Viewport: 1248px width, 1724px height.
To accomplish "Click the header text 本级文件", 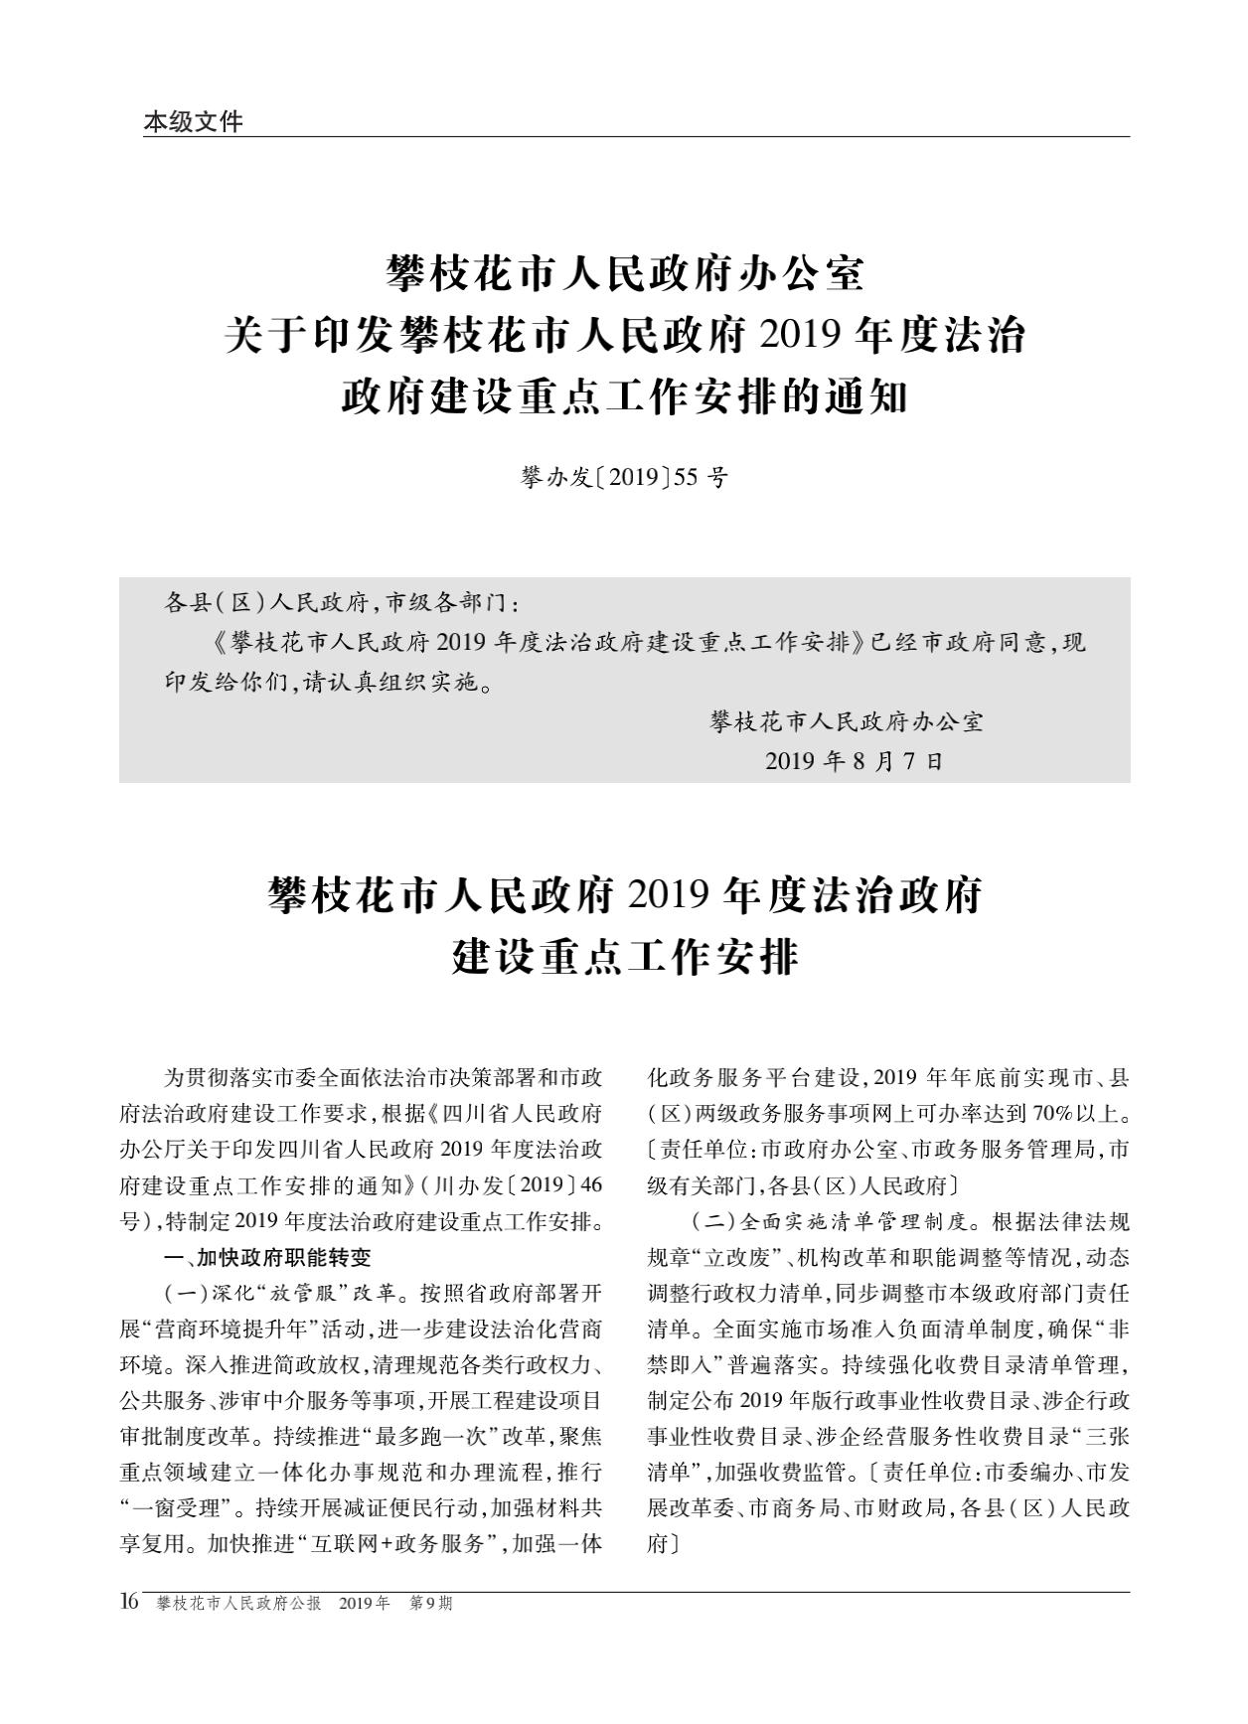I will [x=193, y=121].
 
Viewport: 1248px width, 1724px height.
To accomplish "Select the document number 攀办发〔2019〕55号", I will [x=623, y=478].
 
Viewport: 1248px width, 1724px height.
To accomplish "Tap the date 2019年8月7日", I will [x=854, y=761].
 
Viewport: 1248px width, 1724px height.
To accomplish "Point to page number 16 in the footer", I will [x=129, y=1602].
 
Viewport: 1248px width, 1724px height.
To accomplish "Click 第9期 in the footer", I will [x=430, y=1604].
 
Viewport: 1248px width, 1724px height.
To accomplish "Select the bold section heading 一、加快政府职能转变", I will [x=267, y=1257].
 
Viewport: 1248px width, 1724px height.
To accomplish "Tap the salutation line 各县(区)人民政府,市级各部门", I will [x=341, y=602].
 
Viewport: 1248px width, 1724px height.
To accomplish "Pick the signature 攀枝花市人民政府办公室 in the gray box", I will [x=847, y=721].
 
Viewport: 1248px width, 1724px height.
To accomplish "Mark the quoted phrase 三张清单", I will [x=1092, y=1436].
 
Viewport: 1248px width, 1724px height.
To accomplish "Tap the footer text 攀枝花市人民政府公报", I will [x=238, y=1604].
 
